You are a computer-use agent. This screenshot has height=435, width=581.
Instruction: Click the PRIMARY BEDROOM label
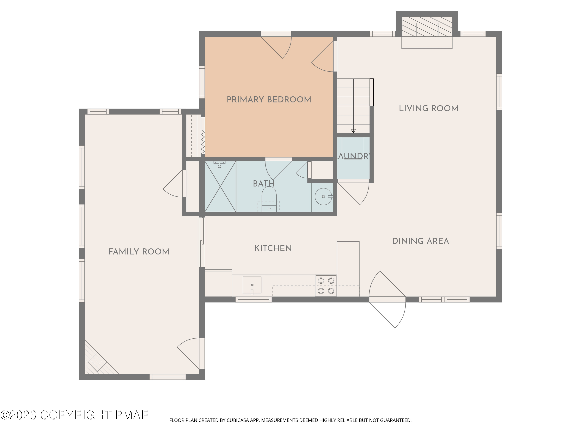(269, 100)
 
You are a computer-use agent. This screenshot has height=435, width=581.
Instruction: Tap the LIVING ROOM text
(428, 108)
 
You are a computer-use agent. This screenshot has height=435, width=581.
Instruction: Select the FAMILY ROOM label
(139, 252)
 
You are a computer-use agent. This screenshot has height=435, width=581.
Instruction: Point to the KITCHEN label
(273, 248)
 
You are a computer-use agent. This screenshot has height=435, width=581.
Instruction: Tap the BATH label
(263, 183)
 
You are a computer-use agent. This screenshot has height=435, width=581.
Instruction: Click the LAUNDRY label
(354, 156)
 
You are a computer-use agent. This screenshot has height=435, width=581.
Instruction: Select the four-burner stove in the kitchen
(326, 286)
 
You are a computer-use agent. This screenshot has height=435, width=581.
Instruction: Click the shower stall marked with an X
(220, 186)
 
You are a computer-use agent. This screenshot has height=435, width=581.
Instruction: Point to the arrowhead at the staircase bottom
(353, 131)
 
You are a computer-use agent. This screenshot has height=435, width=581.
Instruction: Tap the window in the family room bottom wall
(168, 377)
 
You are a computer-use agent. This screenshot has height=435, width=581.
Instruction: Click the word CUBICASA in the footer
(237, 420)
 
